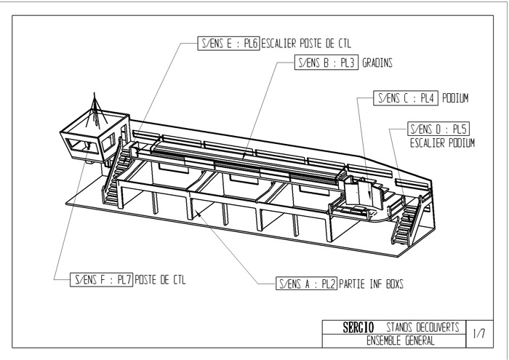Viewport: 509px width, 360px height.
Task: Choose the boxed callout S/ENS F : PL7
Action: point(101,278)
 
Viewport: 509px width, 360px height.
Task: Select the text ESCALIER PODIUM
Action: point(442,143)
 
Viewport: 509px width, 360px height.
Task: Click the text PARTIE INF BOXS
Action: point(371,284)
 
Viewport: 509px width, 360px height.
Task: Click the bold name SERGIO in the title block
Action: point(358,328)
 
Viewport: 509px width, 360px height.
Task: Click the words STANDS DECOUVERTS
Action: point(422,328)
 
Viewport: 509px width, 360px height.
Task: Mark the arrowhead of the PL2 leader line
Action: point(195,212)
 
